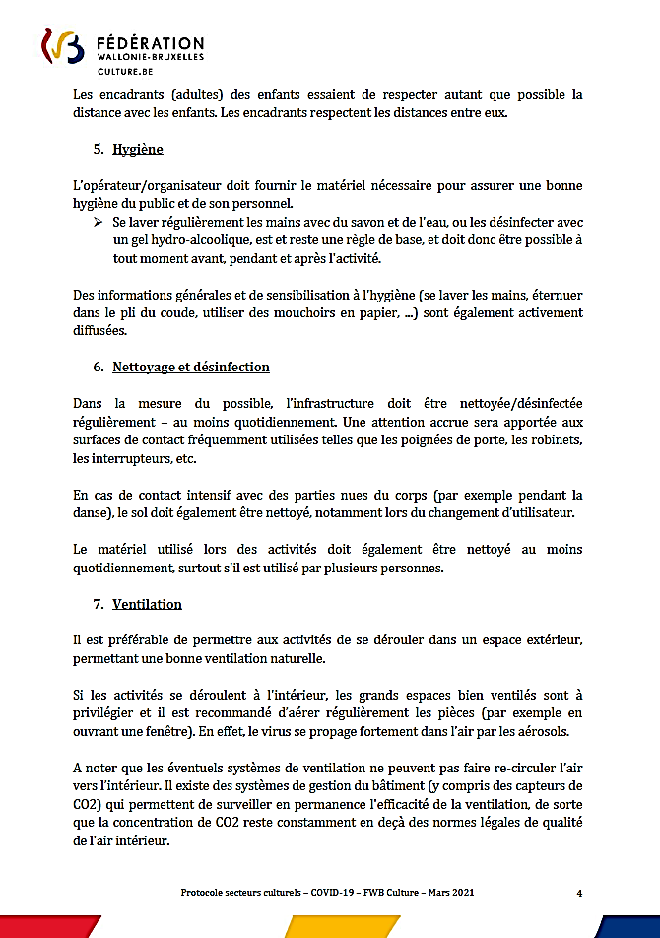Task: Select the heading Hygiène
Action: click(137, 150)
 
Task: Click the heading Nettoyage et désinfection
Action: click(191, 367)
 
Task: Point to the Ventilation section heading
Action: click(147, 603)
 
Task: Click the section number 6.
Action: click(99, 367)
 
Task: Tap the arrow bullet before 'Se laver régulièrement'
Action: click(99, 224)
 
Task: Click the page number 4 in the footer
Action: click(579, 892)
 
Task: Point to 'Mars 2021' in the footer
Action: click(449, 892)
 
